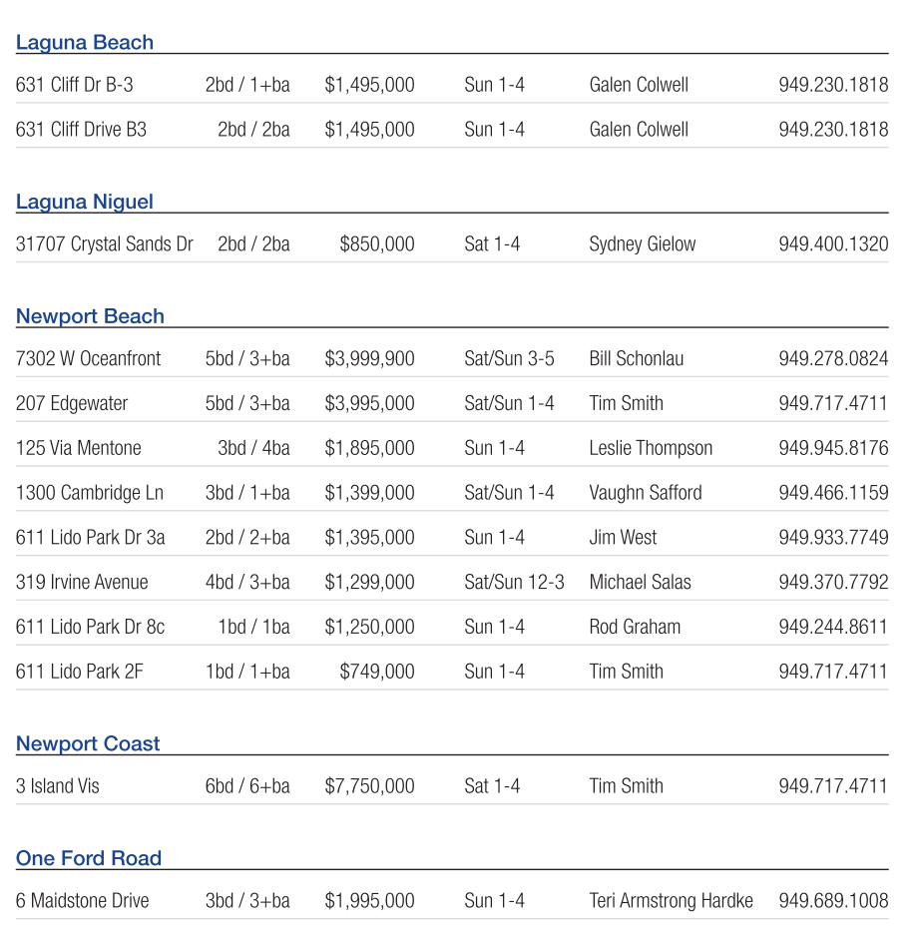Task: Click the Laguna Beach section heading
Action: coord(85,43)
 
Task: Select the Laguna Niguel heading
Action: coord(85,202)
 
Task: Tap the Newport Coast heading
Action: coord(88,743)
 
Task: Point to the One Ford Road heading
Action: coord(89,858)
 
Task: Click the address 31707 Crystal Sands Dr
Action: coord(104,244)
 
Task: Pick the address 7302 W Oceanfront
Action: coord(88,359)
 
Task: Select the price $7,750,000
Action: coord(369,786)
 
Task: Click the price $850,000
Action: coord(376,244)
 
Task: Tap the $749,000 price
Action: coord(376,672)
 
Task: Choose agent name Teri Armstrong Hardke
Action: coord(671,901)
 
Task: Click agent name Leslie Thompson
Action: coord(651,448)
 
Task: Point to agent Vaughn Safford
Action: coord(645,493)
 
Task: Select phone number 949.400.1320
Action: coord(833,244)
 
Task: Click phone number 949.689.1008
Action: coord(833,901)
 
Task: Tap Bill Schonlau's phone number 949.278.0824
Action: coord(833,359)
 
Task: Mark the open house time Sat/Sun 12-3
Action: coord(514,582)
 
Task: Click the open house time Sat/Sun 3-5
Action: coord(509,359)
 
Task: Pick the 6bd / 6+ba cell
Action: coord(247,786)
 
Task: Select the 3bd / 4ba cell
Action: coord(253,448)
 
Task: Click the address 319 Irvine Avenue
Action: coord(82,582)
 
